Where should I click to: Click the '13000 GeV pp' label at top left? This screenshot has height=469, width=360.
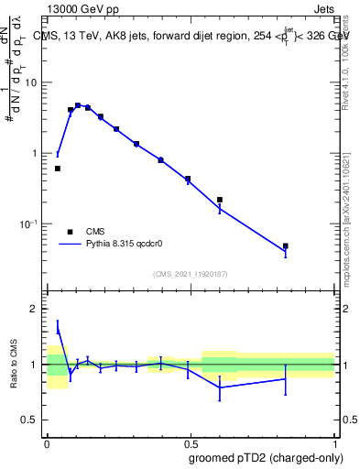[x=81, y=8]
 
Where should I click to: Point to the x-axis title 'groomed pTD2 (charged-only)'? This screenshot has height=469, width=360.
[x=267, y=457]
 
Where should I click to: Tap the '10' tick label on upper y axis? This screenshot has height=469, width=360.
[x=33, y=82]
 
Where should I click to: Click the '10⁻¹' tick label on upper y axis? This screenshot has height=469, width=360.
[x=31, y=224]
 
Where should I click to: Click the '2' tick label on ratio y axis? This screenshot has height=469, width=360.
[x=37, y=309]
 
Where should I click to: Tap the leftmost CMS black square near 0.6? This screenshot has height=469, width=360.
[x=58, y=169]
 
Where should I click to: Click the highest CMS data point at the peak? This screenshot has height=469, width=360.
[x=78, y=105]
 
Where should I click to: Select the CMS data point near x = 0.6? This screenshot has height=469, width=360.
[x=220, y=199]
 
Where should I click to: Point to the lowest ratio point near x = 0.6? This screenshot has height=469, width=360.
[x=220, y=387]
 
